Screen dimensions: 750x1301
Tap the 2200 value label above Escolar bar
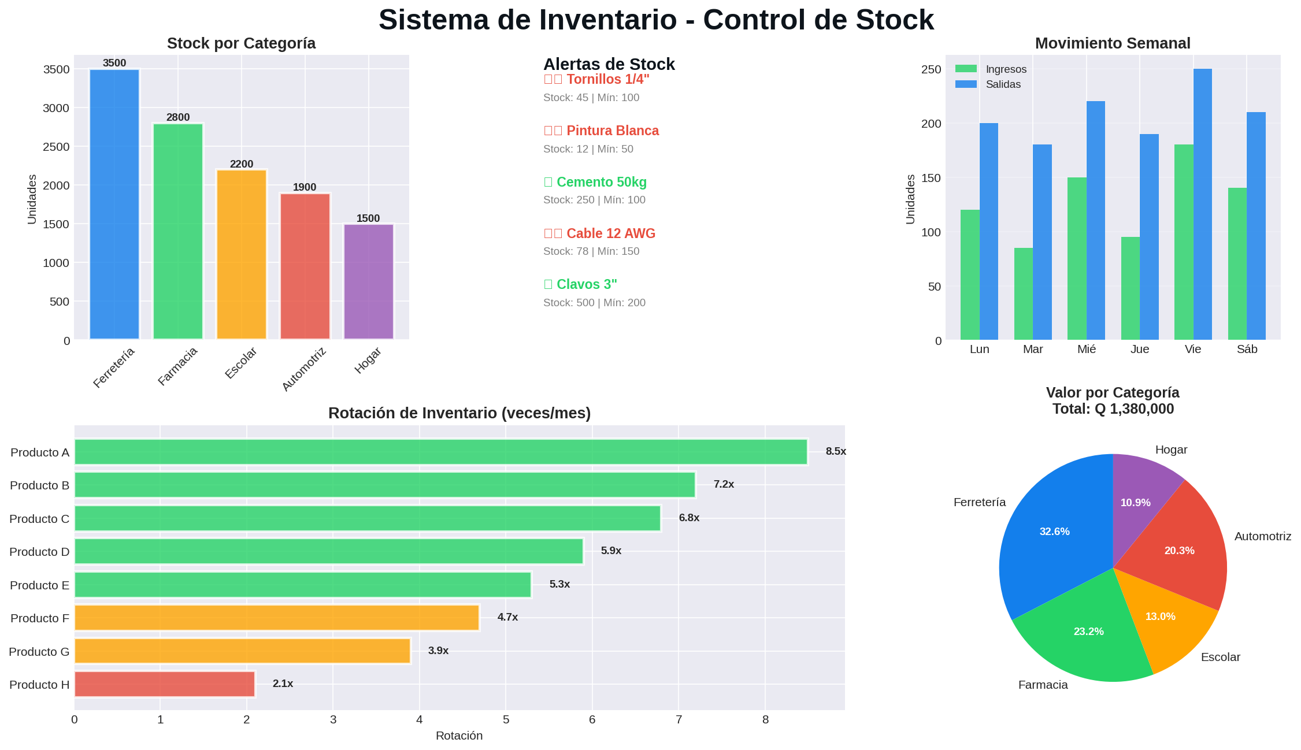point(242,164)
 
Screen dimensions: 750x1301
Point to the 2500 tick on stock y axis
point(56,147)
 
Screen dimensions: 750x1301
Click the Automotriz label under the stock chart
point(305,369)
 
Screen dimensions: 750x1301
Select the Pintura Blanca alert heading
point(612,131)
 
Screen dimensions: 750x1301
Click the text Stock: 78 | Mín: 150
point(591,251)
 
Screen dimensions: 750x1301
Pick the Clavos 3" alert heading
point(586,284)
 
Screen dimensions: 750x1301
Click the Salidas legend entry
point(1003,84)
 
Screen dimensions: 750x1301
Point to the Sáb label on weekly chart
point(1247,349)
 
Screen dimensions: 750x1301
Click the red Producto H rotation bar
point(164,684)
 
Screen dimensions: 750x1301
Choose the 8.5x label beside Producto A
point(835,451)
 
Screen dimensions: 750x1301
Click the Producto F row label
point(39,618)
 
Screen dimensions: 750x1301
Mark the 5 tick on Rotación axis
point(506,719)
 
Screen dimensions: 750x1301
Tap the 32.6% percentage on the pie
point(1054,532)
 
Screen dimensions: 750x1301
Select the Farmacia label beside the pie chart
point(1043,685)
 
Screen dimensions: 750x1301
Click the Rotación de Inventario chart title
point(459,413)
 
